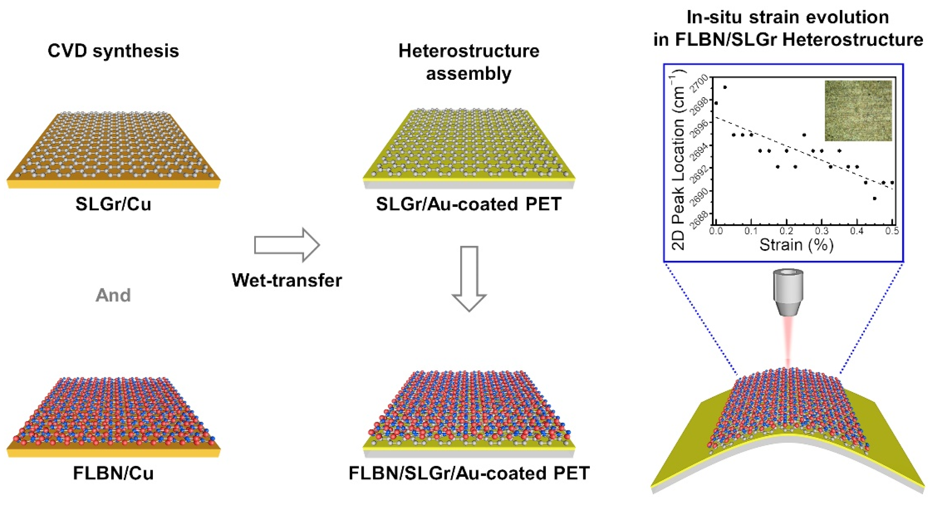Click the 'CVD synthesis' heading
coord(113,51)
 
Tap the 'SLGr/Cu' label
coord(113,204)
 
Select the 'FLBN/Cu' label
coord(113,473)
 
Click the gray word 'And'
coord(113,295)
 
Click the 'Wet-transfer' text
coord(287,280)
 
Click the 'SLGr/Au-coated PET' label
coord(469,204)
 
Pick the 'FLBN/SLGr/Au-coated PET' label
coord(469,473)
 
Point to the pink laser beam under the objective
coord(788,343)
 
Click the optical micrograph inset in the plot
coord(858,111)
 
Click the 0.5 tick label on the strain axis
coord(892,231)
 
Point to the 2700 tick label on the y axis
coord(700,84)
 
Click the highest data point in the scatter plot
coord(725,87)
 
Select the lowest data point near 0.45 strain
coord(874,198)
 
